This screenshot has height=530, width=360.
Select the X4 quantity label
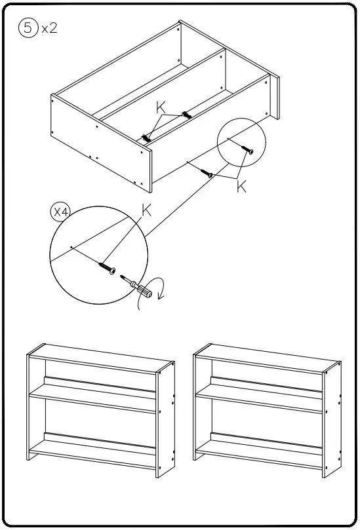tap(61, 212)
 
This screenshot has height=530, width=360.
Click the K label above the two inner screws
tap(161, 107)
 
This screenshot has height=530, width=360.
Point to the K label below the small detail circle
tap(241, 187)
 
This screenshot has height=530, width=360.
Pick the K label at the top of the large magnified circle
tap(146, 210)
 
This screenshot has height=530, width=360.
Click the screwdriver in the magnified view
tap(138, 288)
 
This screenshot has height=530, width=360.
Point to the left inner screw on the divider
tap(146, 138)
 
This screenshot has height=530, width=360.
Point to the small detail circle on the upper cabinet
tap(242, 145)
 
